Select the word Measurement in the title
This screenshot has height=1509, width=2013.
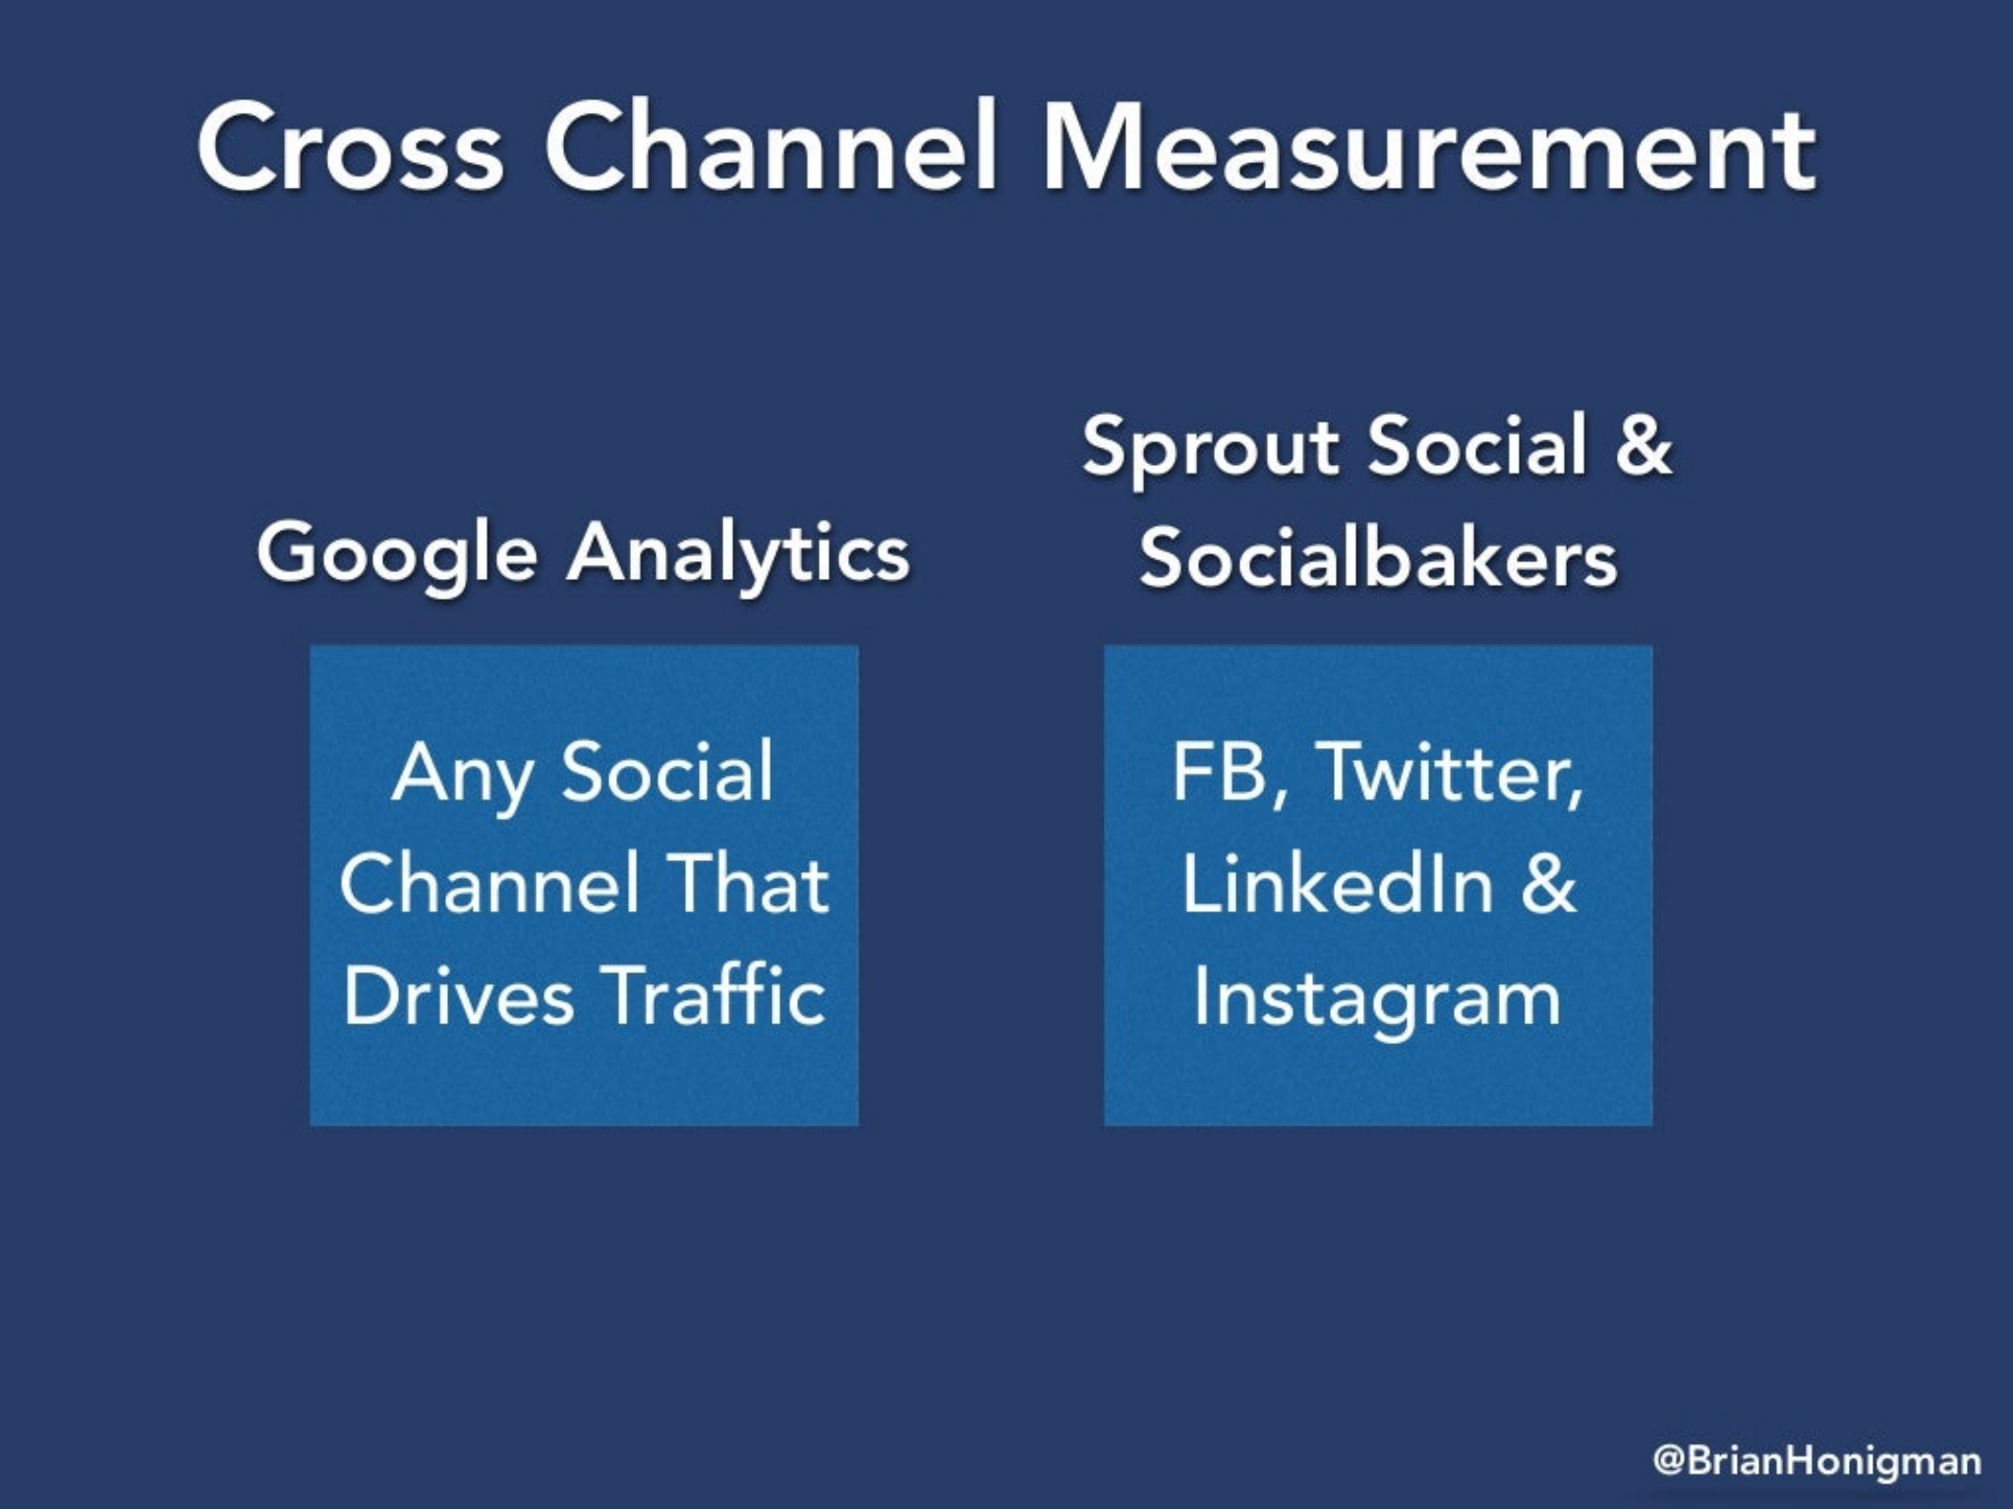click(x=1429, y=147)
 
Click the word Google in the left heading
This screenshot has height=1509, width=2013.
click(x=397, y=556)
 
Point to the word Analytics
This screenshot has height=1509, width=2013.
click(x=739, y=554)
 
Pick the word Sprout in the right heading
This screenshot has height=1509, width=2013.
click(x=1211, y=448)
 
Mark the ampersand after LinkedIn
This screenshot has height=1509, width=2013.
click(x=1548, y=883)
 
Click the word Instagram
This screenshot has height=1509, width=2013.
click(x=1377, y=1000)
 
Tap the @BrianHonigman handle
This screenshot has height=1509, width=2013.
click(x=1817, y=1461)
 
